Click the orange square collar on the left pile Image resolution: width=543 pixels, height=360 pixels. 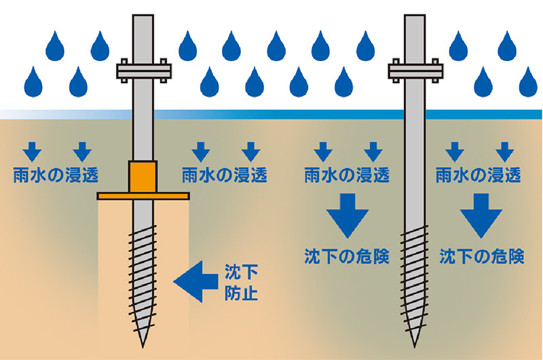click(143, 177)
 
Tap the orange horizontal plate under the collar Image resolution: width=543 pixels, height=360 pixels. click(143, 196)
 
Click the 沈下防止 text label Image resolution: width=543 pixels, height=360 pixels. click(242, 285)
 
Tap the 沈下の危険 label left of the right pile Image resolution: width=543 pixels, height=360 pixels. click(346, 257)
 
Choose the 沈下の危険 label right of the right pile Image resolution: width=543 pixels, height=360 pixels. click(482, 257)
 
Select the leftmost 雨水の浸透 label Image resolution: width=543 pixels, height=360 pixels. click(56, 175)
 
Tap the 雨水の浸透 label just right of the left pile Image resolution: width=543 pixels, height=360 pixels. click(225, 175)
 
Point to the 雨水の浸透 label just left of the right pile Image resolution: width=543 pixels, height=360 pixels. click(345, 175)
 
